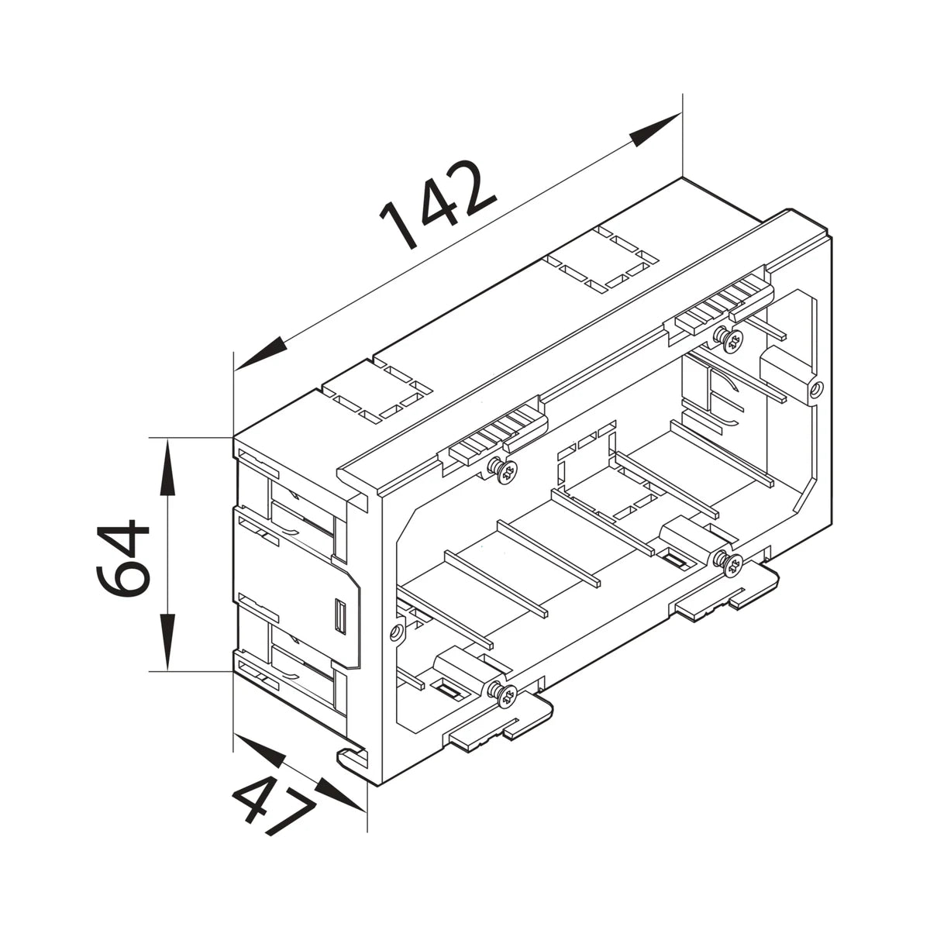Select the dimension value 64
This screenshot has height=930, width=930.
pos(123,558)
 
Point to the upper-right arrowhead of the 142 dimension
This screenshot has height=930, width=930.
pos(656,129)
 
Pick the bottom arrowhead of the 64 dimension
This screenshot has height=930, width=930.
pos(167,642)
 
